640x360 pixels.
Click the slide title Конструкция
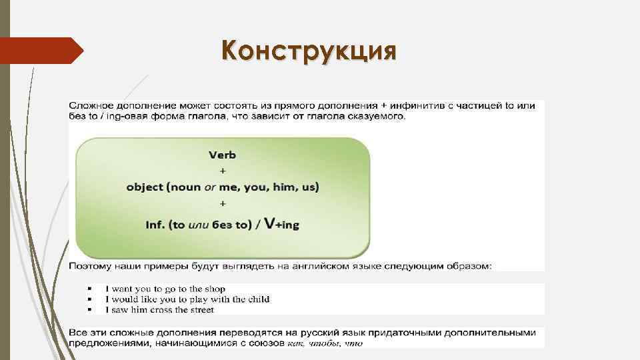(x=309, y=51)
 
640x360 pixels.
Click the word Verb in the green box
(x=223, y=155)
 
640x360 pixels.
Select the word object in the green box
(x=145, y=187)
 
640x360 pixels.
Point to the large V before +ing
(x=269, y=223)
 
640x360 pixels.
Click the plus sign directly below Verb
(x=223, y=171)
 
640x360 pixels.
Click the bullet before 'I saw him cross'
(x=89, y=310)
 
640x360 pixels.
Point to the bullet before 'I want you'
(x=89, y=289)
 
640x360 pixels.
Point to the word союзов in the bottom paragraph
(x=267, y=343)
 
